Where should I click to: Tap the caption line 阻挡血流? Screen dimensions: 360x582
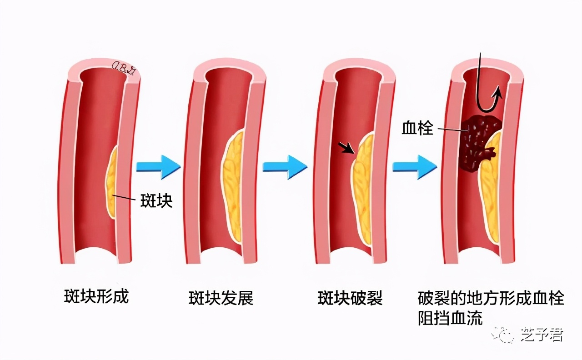click(450, 318)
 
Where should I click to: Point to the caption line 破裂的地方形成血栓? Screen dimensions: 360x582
click(491, 299)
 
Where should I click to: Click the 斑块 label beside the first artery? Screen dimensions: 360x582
click(156, 201)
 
